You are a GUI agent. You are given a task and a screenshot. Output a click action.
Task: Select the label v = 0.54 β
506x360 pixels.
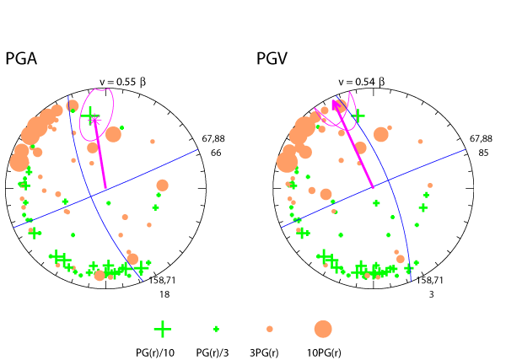[x=360, y=82]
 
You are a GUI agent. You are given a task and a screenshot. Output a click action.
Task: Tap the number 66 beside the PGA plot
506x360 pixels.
[x=215, y=153]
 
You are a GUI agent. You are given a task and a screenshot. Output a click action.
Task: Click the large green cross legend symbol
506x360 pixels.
[x=163, y=329]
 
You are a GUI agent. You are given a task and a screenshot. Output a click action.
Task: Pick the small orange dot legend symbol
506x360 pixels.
[x=270, y=329]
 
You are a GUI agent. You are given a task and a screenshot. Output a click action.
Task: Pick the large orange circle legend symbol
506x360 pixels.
[x=323, y=329]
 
